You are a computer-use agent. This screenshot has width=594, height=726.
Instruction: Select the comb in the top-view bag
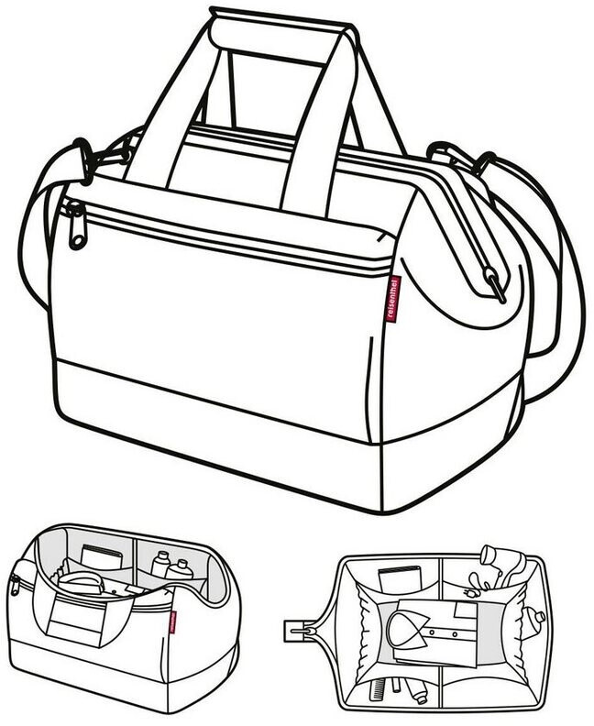tap(382, 688)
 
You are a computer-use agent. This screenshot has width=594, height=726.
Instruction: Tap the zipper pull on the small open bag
tap(16, 587)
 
